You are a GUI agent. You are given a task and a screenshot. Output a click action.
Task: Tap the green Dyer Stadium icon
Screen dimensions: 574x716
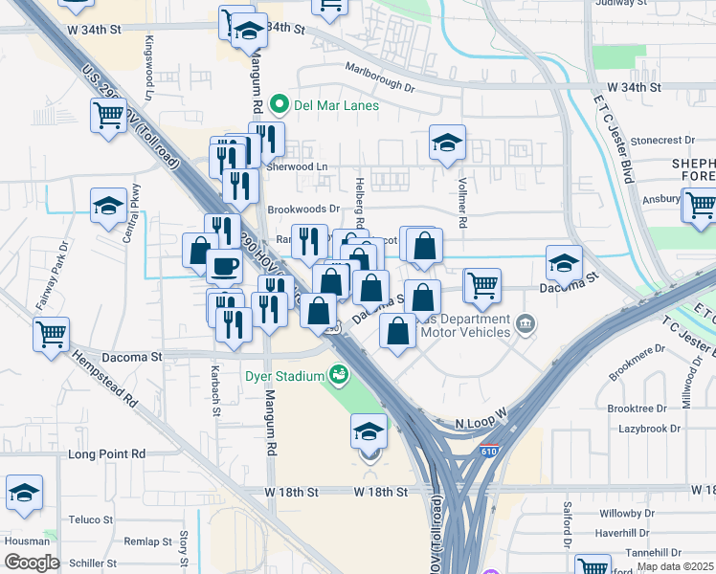coord(337,376)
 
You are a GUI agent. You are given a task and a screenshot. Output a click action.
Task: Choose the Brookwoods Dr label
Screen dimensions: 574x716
coord(303,209)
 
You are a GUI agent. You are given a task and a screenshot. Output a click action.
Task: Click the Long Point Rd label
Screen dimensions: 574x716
coord(106,453)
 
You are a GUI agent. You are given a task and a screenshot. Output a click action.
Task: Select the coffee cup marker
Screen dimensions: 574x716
coord(224,266)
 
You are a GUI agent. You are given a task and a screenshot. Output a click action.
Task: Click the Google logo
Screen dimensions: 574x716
coord(32,563)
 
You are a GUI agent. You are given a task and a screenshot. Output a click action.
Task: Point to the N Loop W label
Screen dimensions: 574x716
coord(479,423)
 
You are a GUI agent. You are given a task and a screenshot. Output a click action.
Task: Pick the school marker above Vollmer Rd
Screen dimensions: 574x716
coord(447,143)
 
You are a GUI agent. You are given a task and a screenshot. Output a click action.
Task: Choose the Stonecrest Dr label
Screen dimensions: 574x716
coord(661,140)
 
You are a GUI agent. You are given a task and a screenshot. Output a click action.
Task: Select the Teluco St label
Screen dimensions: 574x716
coord(91,520)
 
